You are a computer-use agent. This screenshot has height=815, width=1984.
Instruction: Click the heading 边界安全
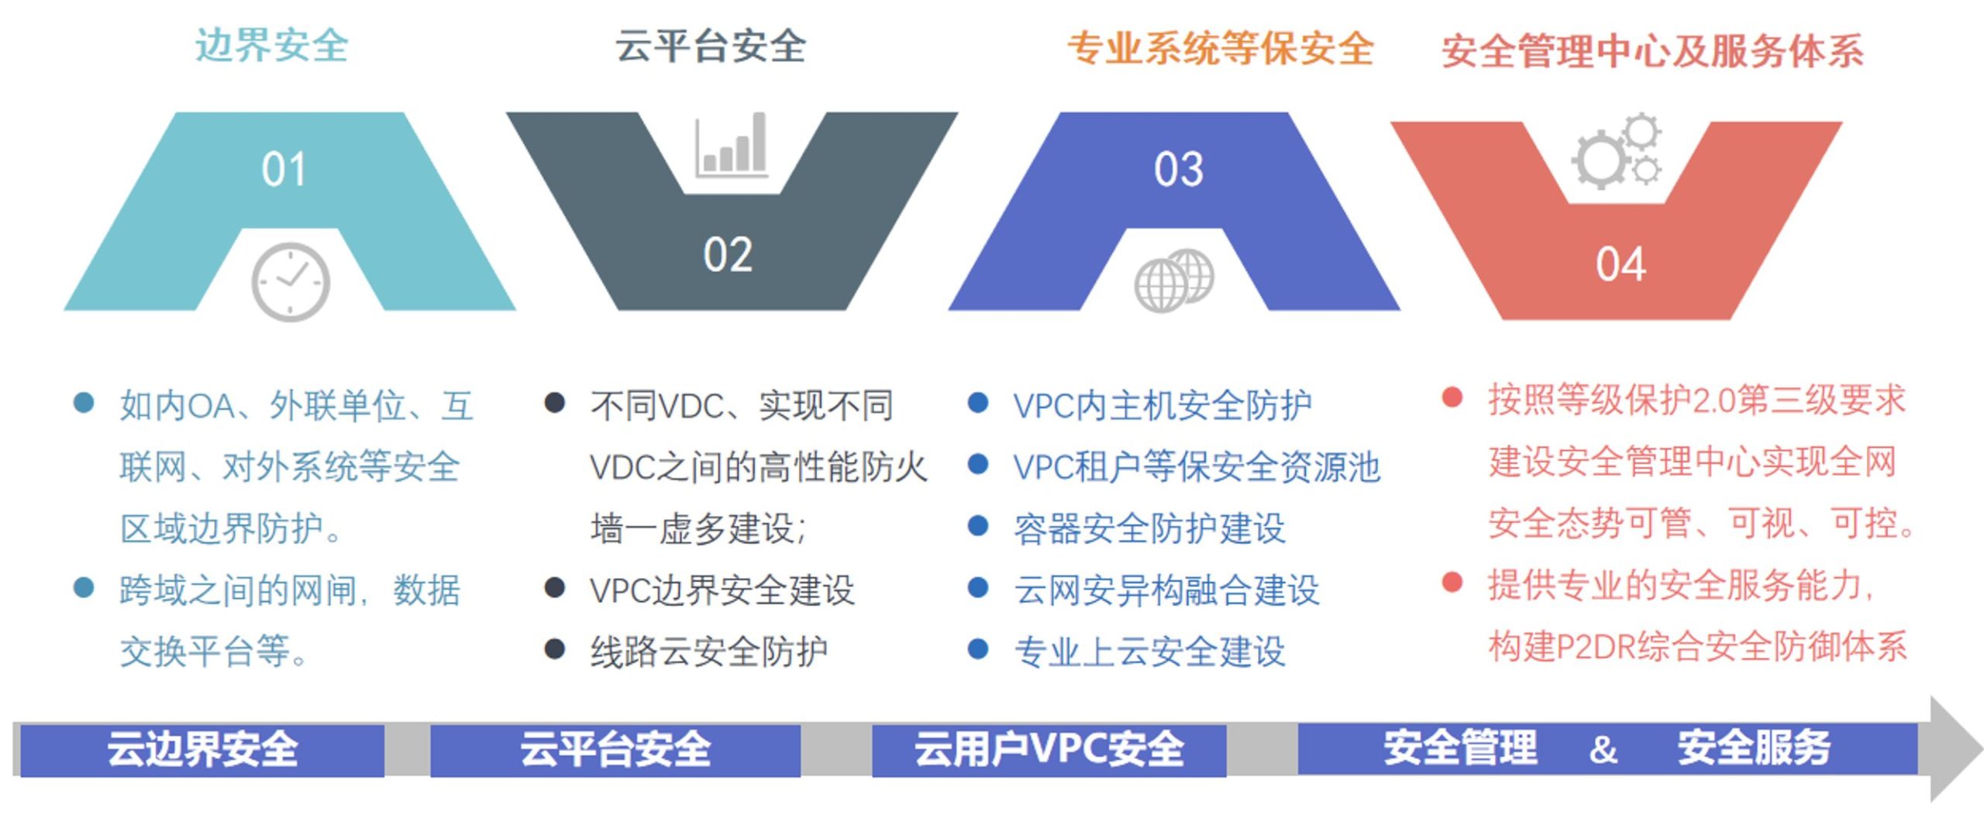272,46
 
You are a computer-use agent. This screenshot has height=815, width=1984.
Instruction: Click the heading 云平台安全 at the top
711,46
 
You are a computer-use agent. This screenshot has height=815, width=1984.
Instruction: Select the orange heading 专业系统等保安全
1221,49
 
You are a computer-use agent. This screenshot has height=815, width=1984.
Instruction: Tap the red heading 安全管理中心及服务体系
1652,52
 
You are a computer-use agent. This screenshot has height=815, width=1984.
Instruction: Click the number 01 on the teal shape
284,169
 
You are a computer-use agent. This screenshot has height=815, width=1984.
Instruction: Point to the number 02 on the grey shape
728,255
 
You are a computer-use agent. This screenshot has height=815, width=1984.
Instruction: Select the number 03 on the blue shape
1178,169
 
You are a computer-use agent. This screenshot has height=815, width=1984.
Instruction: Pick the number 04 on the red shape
1620,264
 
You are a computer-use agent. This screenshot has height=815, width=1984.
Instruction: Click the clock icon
291,282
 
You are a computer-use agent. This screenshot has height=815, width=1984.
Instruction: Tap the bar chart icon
732,145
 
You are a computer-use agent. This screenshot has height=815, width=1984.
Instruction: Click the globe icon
1174,280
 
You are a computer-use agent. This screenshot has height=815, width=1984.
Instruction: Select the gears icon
1617,151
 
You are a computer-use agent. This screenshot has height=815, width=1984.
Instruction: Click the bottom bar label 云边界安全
202,749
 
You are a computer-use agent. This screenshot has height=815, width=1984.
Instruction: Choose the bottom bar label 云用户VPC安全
1049,749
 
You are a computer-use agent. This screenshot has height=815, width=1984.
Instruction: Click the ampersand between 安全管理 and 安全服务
1603,749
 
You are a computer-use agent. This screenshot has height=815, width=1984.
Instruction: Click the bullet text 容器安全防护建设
1150,528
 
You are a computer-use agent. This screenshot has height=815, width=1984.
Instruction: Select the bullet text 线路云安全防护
709,652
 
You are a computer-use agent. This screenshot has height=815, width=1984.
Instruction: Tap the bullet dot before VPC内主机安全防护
978,403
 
